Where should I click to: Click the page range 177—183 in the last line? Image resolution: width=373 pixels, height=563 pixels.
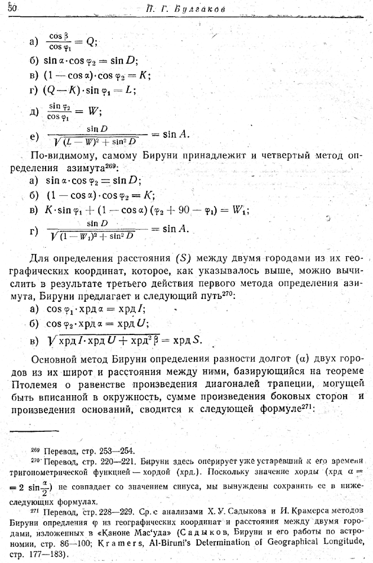tap(42, 555)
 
